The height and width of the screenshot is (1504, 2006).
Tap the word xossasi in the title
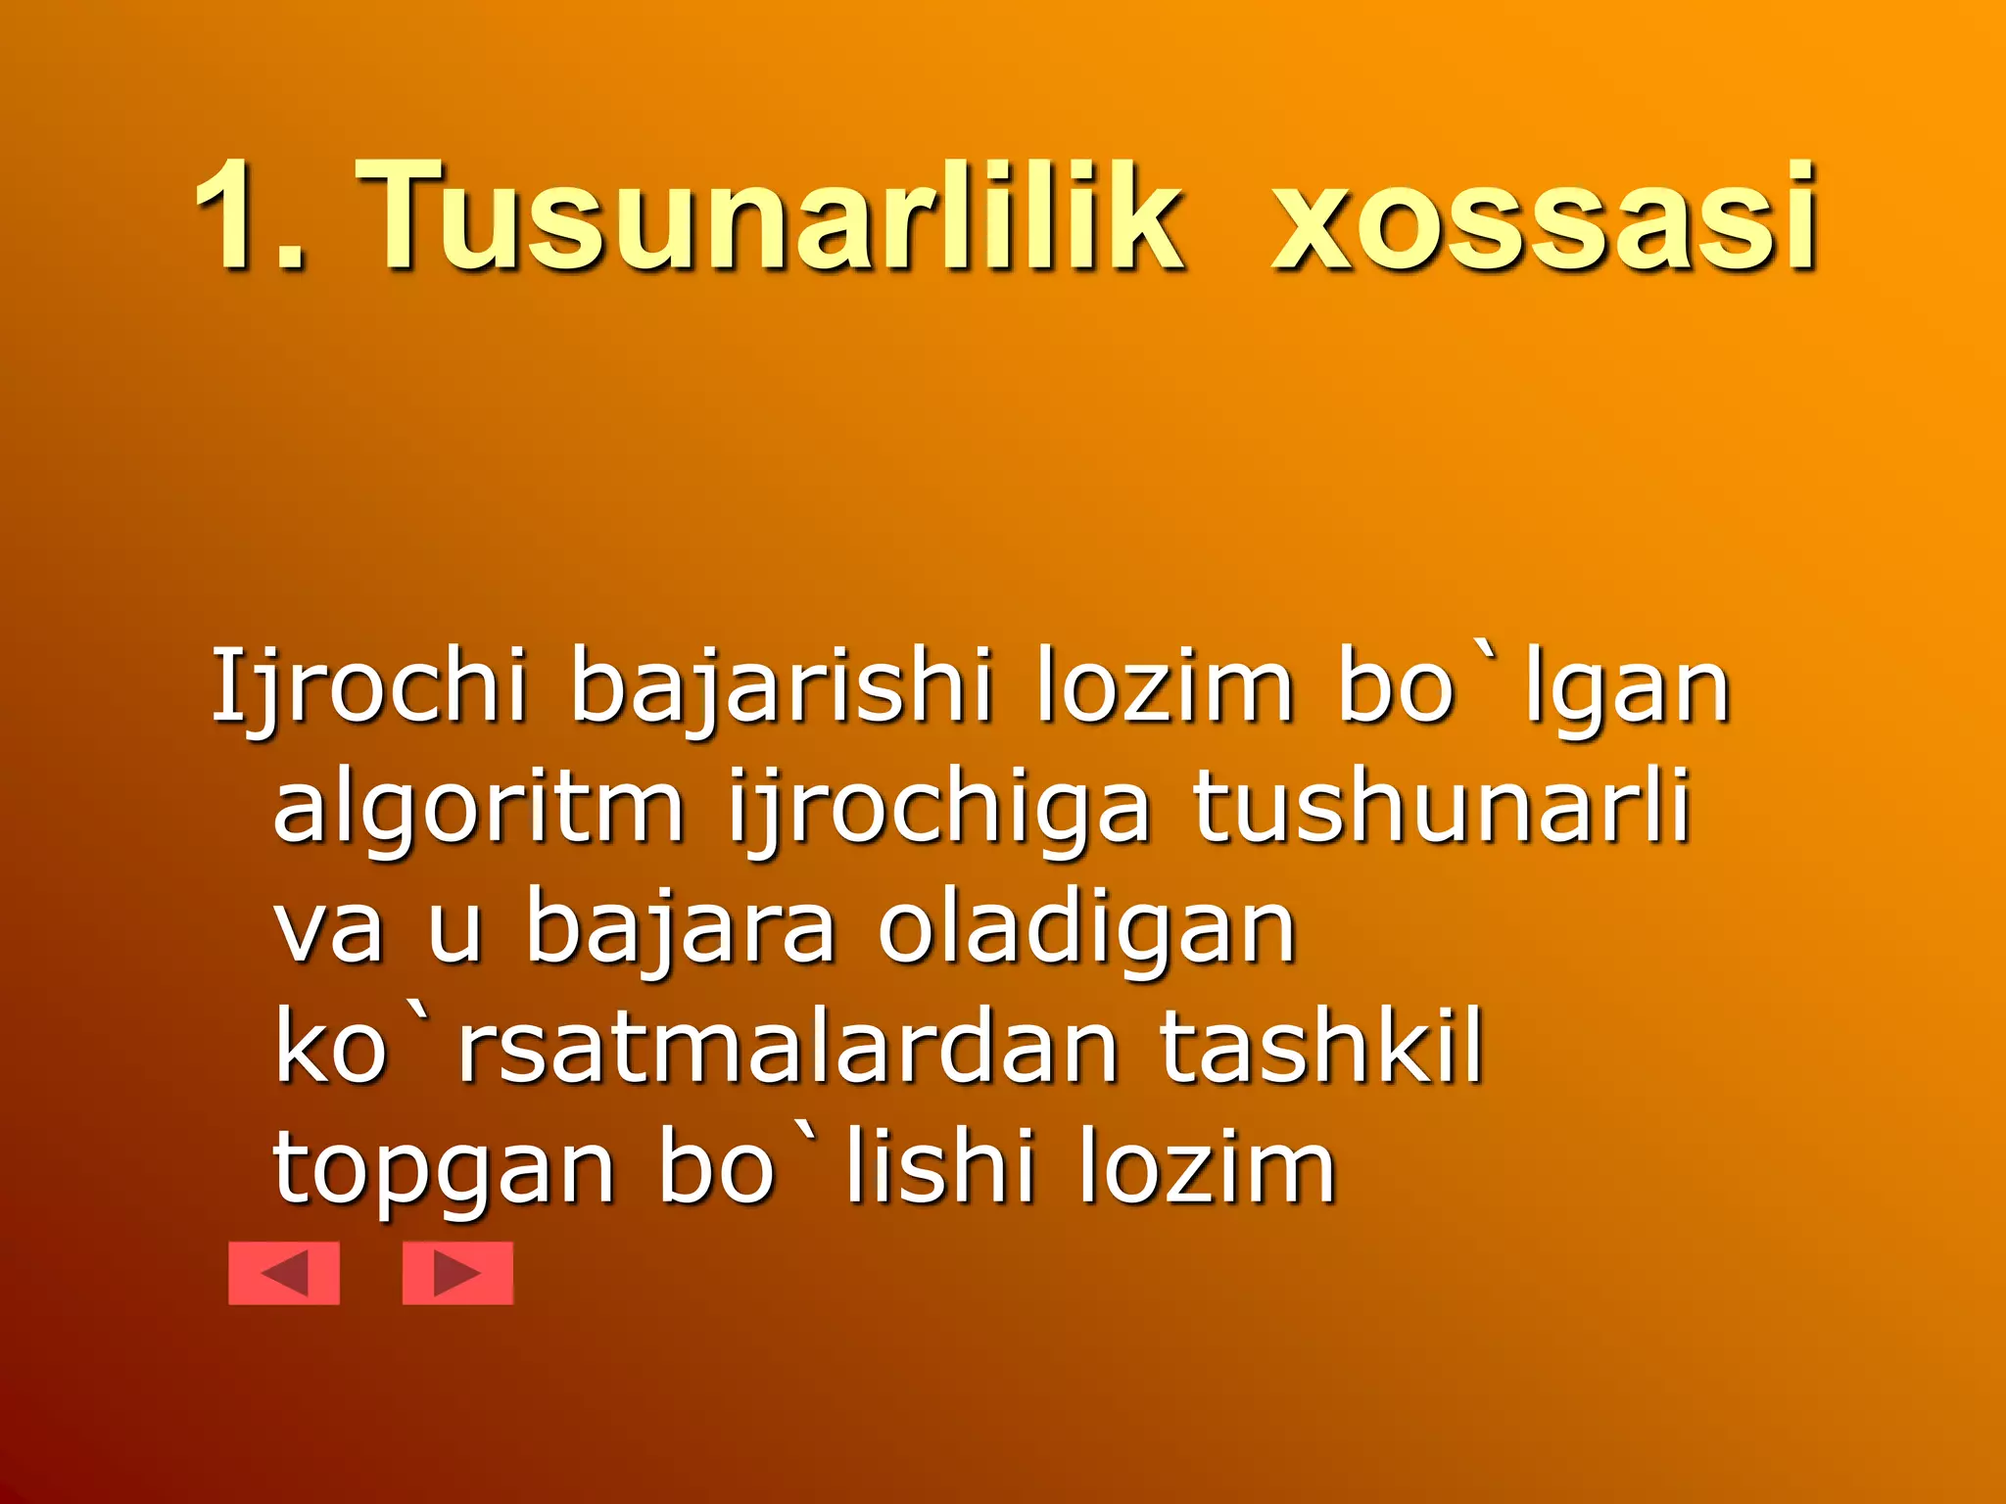(1546, 217)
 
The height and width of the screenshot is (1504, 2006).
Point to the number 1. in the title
(250, 217)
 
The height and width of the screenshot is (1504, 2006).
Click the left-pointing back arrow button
(284, 1273)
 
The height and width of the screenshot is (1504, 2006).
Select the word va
(328, 928)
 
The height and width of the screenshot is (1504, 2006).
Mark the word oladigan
(1087, 928)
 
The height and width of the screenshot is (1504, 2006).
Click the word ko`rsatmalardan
(695, 1048)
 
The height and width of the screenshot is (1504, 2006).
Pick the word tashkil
(1322, 1048)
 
